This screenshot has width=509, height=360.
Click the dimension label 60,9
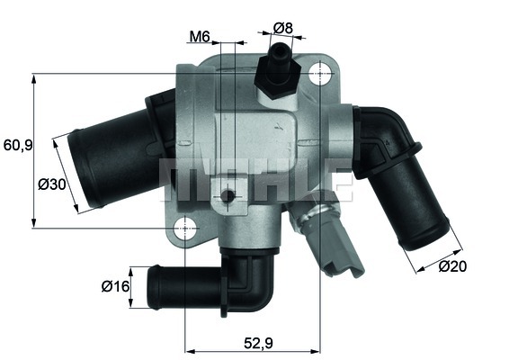tap(17, 144)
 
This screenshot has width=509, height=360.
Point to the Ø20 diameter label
tap(451, 265)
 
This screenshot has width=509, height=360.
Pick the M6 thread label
tap(200, 37)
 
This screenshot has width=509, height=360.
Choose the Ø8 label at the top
tap(283, 28)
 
